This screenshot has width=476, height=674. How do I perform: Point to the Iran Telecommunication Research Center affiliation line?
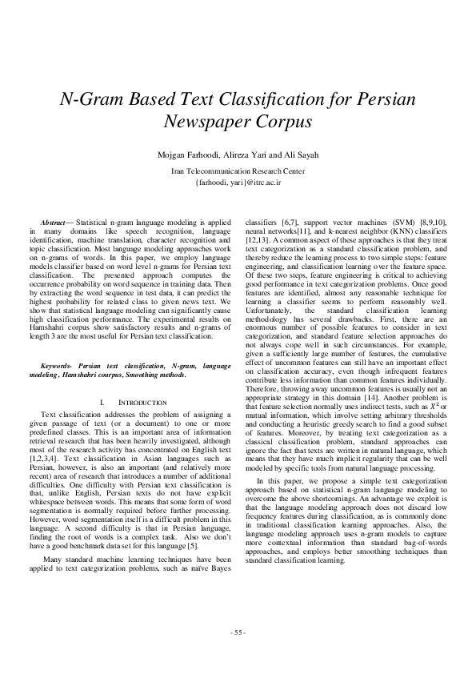pos(238,171)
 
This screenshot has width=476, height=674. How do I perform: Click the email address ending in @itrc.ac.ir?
pos(238,183)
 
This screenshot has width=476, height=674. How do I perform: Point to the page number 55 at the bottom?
pos(238,632)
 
